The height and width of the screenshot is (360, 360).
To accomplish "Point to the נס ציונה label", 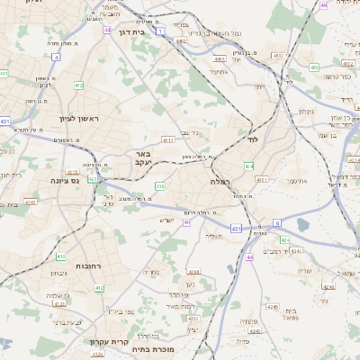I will [x=64, y=180].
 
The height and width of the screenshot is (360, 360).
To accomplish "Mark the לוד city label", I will [x=253, y=140].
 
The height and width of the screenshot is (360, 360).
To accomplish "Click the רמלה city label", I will [x=220, y=182].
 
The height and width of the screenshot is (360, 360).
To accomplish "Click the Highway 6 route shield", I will [x=277, y=222].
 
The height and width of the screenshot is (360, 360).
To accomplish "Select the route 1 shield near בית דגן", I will [x=160, y=31].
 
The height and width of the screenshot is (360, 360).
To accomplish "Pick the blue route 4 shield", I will [x=56, y=57].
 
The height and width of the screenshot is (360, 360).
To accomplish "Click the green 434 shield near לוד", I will [x=248, y=167].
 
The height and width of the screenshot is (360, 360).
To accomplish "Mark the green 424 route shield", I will [x=284, y=240].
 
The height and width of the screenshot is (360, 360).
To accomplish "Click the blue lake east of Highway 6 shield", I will [x=301, y=225].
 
